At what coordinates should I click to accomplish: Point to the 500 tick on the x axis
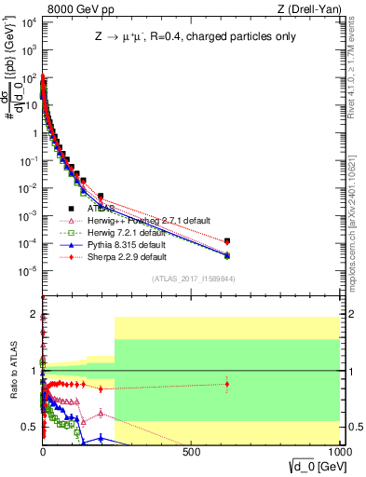pos(191,450)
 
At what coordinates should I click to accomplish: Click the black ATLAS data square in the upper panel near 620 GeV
pos(227,240)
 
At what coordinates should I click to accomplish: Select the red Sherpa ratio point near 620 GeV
pos(227,384)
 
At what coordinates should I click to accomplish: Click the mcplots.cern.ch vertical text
pos(358,214)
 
